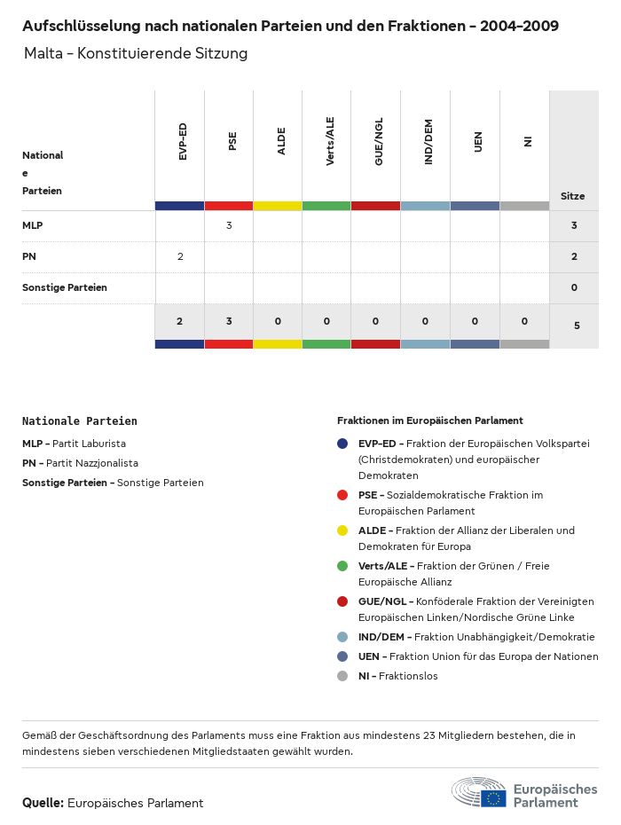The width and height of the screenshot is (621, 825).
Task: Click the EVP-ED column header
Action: click(183, 141)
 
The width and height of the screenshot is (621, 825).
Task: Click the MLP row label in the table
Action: click(33, 225)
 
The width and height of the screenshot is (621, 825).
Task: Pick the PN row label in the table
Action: click(29, 256)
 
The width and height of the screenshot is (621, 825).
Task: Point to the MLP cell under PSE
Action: click(229, 225)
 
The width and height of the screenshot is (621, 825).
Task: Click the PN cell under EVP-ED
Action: click(180, 256)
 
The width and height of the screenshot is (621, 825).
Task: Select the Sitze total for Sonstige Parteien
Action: click(574, 287)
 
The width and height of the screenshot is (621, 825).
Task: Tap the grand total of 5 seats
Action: click(576, 326)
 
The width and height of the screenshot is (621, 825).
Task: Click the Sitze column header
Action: click(573, 196)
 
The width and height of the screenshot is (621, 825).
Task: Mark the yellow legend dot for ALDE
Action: click(342, 530)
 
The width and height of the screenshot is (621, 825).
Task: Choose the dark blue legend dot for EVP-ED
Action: click(342, 444)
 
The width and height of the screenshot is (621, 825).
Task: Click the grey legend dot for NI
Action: click(342, 676)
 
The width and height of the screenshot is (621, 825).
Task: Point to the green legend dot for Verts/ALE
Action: click(342, 566)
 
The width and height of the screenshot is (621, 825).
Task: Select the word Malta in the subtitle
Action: click(42, 54)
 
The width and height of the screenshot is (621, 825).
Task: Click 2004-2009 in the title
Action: click(519, 26)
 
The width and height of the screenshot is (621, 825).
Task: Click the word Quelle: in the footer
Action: click(43, 803)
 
